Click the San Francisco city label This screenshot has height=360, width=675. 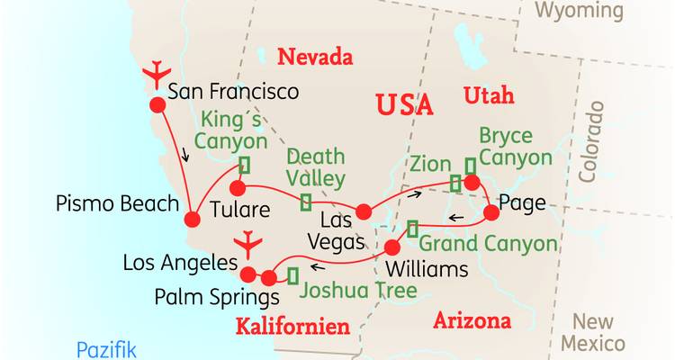coord(233,91)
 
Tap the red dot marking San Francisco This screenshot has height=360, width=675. coord(157,104)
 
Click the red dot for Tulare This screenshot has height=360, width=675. coord(238,188)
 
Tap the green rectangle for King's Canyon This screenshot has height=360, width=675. coord(243,165)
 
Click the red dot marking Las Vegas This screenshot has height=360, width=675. coord(363,211)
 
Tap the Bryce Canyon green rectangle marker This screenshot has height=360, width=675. coord(469,166)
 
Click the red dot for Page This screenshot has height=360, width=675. coord(491,213)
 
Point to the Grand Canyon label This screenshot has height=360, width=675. coord(488,244)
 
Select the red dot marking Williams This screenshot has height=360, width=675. coord(392,247)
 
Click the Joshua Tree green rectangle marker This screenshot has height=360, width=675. coord(292,274)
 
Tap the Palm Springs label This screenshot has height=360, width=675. coord(204,296)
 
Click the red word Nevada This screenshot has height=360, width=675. coord(314,58)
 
